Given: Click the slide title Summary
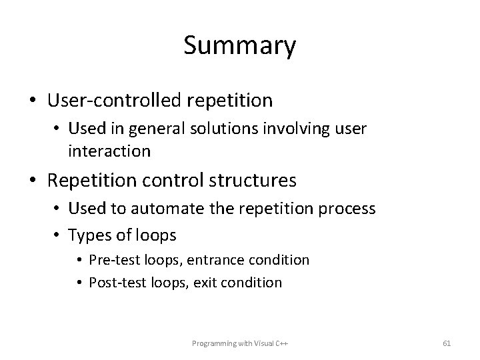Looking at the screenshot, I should click(239, 47).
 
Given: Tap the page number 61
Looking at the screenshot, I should click(447, 343).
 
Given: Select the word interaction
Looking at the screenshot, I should click(109, 151).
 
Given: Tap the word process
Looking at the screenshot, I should click(349, 209).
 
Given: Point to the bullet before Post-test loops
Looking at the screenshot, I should click(80, 283).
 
